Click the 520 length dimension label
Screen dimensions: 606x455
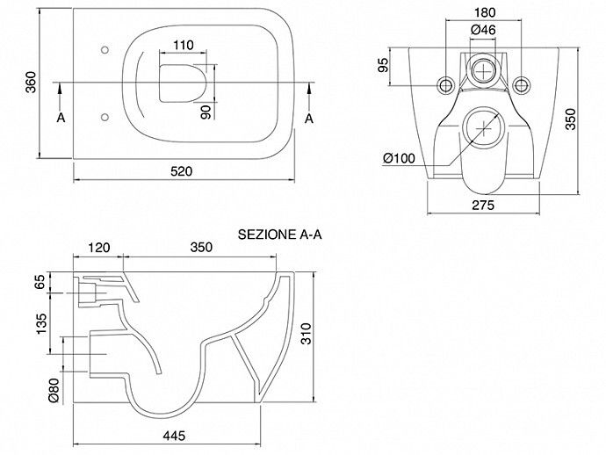tap(181, 171)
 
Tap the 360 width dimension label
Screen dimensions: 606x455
tap(31, 82)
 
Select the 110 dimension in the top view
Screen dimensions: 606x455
tap(184, 45)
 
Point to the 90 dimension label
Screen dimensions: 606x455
tap(206, 112)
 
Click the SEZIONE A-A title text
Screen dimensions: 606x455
tap(280, 235)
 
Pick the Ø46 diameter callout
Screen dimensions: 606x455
tap(483, 30)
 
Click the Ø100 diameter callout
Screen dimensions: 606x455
tap(400, 158)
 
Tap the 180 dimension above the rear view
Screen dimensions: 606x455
tap(484, 13)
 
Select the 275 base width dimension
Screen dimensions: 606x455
tap(483, 205)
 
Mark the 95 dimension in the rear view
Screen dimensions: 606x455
tap(383, 65)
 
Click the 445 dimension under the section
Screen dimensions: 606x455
tap(174, 436)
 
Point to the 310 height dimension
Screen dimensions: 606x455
tap(306, 334)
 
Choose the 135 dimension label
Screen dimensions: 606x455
tap(41, 324)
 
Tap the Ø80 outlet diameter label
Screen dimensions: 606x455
tap(54, 391)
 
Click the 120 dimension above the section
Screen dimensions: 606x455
tap(99, 248)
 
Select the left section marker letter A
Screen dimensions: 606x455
tap(61, 118)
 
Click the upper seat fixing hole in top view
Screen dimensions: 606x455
tap(105, 50)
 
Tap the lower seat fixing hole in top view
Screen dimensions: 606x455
tap(105, 116)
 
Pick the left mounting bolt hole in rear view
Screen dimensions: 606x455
tap(445, 85)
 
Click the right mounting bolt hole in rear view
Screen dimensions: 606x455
tap(522, 85)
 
